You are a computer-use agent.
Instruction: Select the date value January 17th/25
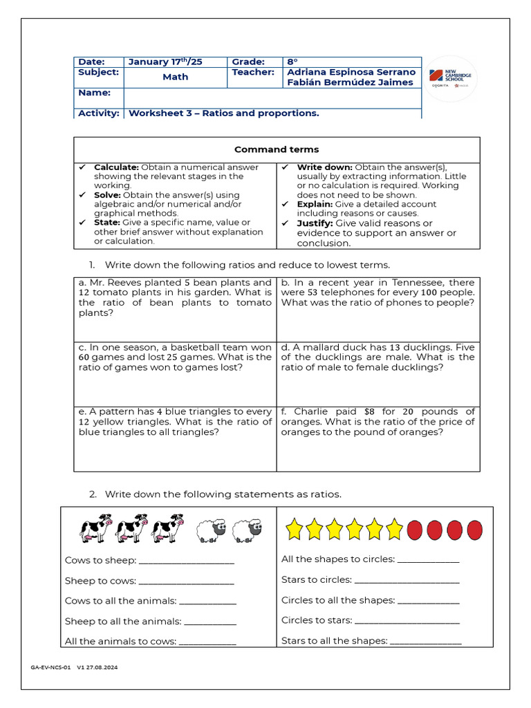pyautogui.click(x=166, y=62)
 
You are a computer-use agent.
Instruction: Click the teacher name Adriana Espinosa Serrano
pyautogui.click(x=351, y=72)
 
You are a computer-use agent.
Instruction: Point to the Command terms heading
pyautogui.click(x=277, y=149)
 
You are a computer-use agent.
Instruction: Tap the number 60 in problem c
pyautogui.click(x=85, y=357)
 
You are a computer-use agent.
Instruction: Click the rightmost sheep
pyautogui.click(x=248, y=530)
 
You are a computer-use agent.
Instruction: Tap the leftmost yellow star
pyautogui.click(x=295, y=530)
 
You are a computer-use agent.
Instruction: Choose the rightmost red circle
pyautogui.click(x=474, y=530)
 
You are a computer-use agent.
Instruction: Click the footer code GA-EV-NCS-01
pyautogui.click(x=50, y=669)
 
